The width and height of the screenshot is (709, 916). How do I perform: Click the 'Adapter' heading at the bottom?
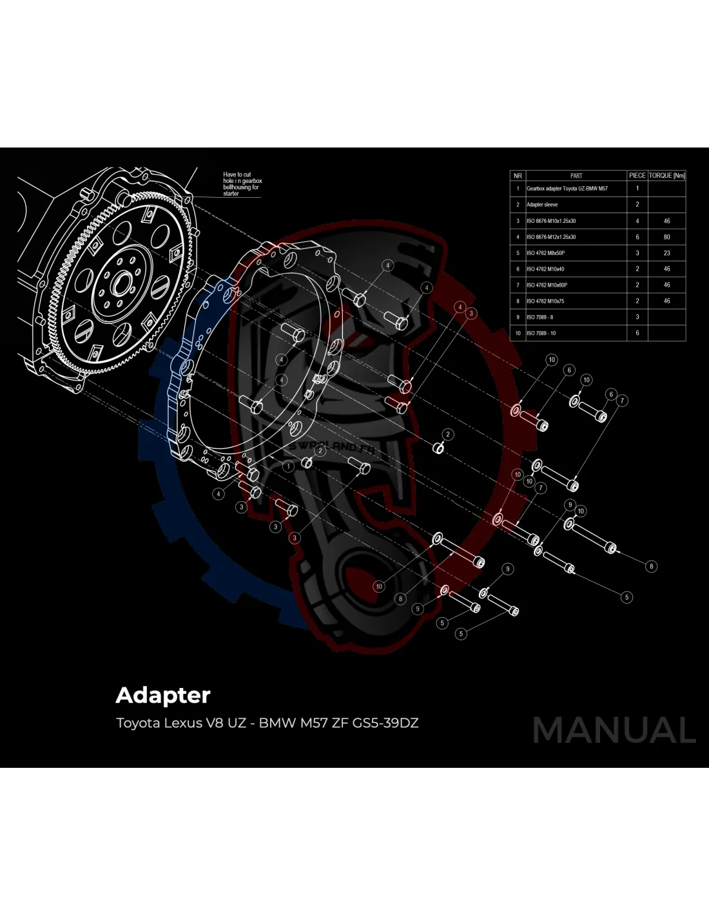click(x=163, y=696)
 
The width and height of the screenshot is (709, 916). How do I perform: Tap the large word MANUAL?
click(x=614, y=730)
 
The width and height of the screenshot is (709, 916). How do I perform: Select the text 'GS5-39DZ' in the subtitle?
click(x=385, y=723)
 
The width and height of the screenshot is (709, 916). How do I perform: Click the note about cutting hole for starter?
click(x=242, y=184)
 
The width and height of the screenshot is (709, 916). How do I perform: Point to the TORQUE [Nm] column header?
click(x=666, y=175)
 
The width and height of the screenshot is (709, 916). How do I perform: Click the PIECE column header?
click(x=637, y=175)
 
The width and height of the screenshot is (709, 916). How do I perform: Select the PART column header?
click(x=576, y=175)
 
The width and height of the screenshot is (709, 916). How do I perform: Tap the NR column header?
click(x=518, y=175)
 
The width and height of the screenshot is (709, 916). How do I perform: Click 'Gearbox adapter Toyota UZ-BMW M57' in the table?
click(x=567, y=189)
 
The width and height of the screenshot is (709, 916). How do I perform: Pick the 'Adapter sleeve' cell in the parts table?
click(x=542, y=205)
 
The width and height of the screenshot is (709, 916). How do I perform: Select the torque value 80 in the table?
click(x=666, y=237)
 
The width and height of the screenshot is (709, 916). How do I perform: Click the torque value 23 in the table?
click(x=666, y=253)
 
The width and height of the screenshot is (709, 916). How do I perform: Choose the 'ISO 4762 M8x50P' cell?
click(x=545, y=253)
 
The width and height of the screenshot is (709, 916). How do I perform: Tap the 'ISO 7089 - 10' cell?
click(x=541, y=333)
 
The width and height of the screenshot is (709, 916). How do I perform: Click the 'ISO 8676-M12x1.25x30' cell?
click(x=551, y=237)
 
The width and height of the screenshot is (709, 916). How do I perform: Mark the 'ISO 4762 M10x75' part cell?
click(x=545, y=301)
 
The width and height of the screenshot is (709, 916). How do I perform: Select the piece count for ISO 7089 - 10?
click(x=637, y=333)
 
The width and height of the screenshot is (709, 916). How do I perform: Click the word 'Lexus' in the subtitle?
click(x=182, y=723)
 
